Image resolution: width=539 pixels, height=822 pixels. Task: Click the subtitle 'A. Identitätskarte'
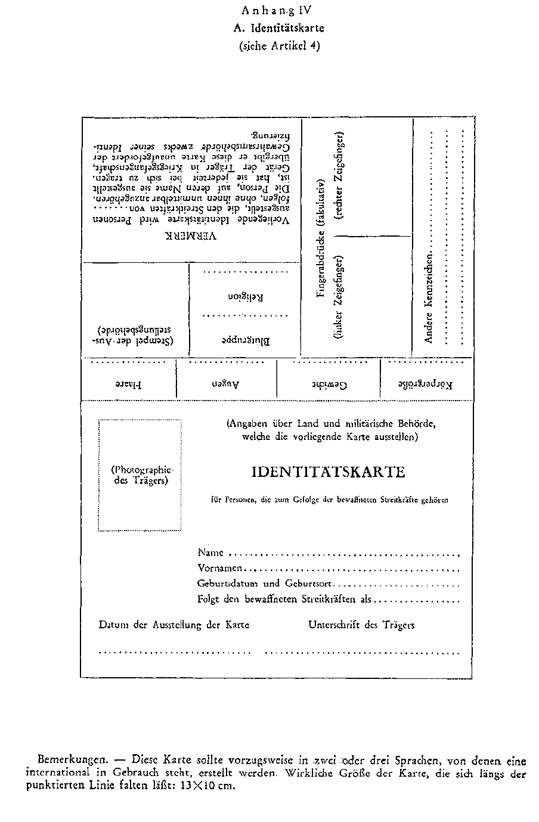click(278, 27)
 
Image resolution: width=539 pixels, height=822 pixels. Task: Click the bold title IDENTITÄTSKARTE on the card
click(329, 472)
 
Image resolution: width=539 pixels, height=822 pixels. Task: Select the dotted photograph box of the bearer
click(140, 475)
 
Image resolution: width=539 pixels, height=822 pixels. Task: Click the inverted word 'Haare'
click(128, 384)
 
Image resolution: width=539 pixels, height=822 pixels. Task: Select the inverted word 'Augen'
click(227, 384)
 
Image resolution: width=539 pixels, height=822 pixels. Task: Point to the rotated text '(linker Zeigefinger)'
click(339, 298)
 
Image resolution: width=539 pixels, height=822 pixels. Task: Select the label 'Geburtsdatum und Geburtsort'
click(265, 584)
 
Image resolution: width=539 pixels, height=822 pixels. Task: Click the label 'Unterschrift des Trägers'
click(361, 625)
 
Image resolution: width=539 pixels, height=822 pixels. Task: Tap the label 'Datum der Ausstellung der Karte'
click(174, 625)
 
